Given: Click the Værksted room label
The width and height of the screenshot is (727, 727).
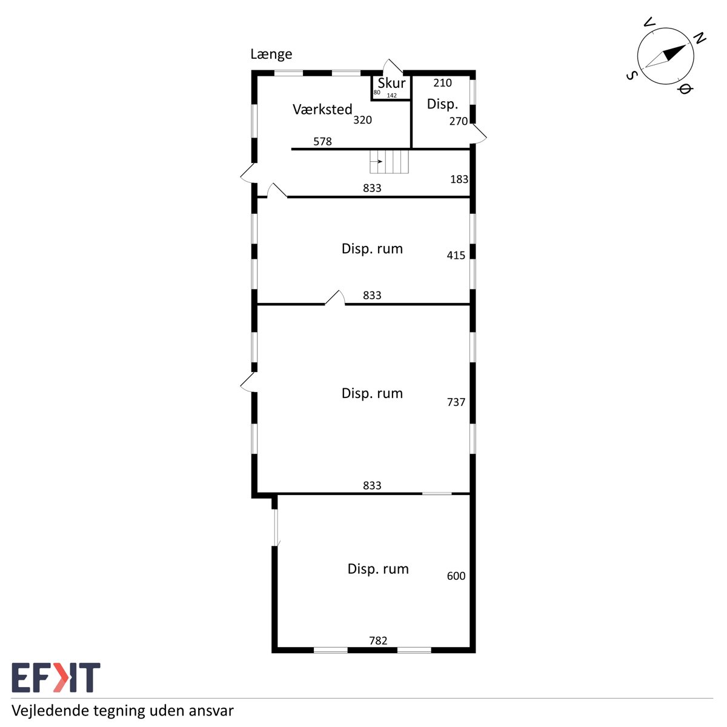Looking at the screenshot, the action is point(322,110).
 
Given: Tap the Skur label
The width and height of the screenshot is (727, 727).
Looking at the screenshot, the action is point(391,83).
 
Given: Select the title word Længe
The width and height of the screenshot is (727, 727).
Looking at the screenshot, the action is point(271,55).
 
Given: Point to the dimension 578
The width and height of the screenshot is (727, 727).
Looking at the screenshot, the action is point(322,142).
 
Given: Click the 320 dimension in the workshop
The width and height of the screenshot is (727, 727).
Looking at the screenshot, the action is point(362,120).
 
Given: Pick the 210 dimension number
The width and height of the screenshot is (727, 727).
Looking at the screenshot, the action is point(442,83).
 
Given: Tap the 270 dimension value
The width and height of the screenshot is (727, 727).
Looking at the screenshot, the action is point(459,121).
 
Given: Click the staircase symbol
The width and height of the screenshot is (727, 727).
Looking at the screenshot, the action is point(389,162).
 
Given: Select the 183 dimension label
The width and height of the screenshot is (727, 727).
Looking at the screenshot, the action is point(459,179).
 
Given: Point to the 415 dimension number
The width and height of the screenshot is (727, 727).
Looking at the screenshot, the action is point(456,256).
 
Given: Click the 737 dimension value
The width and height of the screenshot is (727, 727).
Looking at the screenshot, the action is point(456,402).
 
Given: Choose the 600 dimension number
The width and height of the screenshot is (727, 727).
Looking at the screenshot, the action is point(456,576).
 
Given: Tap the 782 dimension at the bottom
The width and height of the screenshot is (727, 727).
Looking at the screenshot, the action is point(378,640).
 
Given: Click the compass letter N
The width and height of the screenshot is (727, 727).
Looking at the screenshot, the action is point(700,38).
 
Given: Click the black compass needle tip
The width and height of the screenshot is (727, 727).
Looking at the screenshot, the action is point(685,45).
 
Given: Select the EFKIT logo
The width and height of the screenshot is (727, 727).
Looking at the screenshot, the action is point(56,677).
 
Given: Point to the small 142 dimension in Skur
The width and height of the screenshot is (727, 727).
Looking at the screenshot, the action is point(391,96).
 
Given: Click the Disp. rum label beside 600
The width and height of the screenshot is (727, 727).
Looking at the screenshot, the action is point(378,569).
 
